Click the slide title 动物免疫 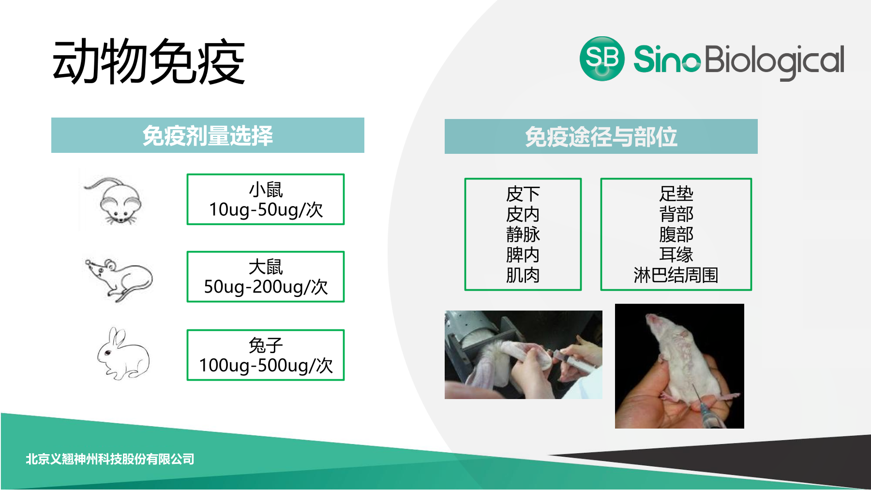(x=149, y=62)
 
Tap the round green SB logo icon (x=602, y=59)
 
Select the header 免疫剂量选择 (x=208, y=135)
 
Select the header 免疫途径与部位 (x=601, y=137)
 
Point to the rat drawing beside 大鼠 (x=119, y=280)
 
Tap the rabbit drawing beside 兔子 (x=123, y=354)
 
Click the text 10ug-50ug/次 (x=266, y=210)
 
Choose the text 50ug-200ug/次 (x=266, y=287)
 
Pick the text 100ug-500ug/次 (x=266, y=365)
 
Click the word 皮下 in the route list (x=523, y=194)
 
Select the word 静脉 (x=523, y=235)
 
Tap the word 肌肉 (x=523, y=275)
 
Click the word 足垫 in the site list (x=676, y=194)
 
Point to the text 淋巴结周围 (x=676, y=275)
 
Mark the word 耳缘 (x=676, y=254)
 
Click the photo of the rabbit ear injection (x=524, y=355)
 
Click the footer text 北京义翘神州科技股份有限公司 (x=110, y=459)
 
